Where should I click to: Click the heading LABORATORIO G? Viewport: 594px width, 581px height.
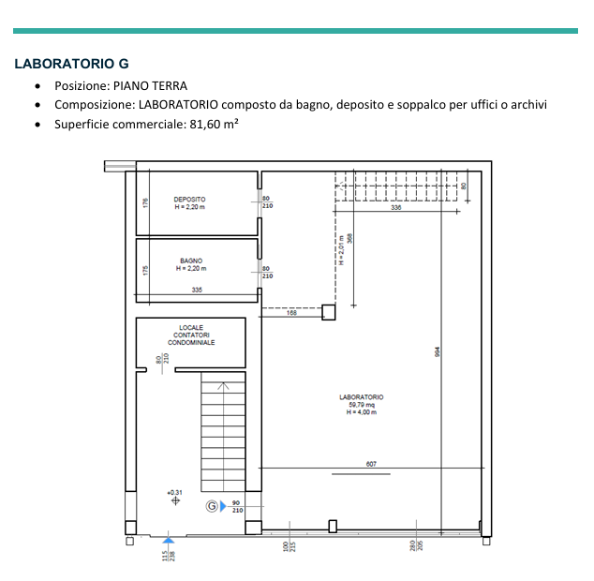71,64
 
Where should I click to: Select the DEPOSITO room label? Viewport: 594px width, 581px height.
189,200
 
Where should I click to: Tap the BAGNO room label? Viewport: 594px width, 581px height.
191,261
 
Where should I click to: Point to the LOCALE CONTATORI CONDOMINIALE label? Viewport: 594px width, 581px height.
191,335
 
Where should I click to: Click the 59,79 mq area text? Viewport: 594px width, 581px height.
362,405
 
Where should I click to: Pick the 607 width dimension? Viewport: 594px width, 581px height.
371,464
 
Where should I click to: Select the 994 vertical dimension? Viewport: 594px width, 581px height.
438,351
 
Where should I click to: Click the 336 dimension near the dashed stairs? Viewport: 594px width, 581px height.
396,207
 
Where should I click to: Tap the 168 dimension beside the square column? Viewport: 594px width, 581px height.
291,313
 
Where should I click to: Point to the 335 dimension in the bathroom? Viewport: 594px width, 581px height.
197,290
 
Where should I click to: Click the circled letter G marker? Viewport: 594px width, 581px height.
212,506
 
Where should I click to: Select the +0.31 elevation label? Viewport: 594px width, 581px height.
174,492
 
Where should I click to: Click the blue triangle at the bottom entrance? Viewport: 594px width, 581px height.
169,540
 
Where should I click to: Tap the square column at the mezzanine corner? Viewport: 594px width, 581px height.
329,312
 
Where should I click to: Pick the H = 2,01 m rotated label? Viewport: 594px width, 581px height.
341,250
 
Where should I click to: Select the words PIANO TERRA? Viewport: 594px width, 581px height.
150,86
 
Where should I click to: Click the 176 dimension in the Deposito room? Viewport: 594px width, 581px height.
145,202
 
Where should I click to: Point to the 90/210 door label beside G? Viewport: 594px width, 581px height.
237,506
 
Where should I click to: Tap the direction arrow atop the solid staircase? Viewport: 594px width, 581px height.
223,386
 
